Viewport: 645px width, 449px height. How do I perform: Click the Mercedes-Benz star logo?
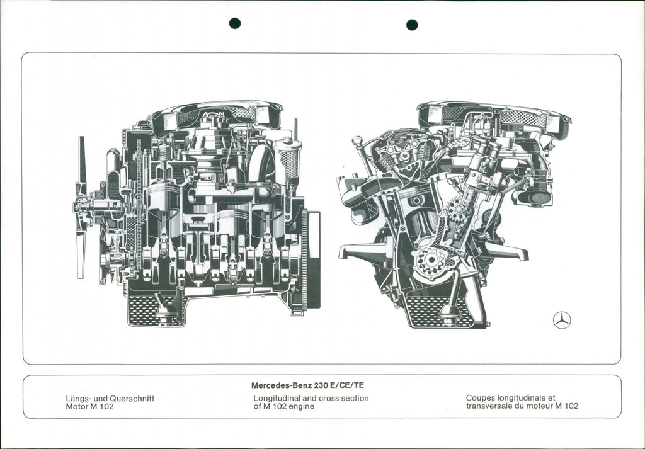[561, 320]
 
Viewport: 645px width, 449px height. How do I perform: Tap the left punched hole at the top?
[235, 23]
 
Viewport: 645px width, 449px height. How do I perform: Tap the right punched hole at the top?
[412, 25]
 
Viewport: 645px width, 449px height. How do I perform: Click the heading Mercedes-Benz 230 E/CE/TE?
[307, 385]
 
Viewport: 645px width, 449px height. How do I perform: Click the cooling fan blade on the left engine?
[81, 208]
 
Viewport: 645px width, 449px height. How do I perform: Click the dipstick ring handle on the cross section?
[357, 140]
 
